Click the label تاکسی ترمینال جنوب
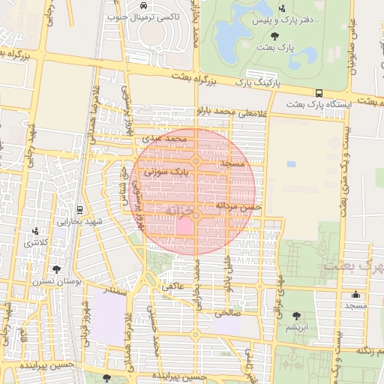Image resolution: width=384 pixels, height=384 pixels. (x=145, y=16)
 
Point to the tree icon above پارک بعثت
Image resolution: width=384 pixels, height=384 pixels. (x=273, y=35)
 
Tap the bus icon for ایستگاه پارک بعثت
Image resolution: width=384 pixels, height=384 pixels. (x=319, y=93)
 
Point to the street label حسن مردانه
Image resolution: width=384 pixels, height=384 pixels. (x=238, y=205)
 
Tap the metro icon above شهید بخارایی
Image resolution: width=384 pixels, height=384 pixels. (x=79, y=209)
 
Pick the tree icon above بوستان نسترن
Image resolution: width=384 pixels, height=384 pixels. (x=56, y=269)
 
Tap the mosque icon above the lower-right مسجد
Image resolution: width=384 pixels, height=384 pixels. (x=355, y=294)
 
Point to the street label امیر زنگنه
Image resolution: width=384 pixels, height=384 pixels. (x=370, y=350)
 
